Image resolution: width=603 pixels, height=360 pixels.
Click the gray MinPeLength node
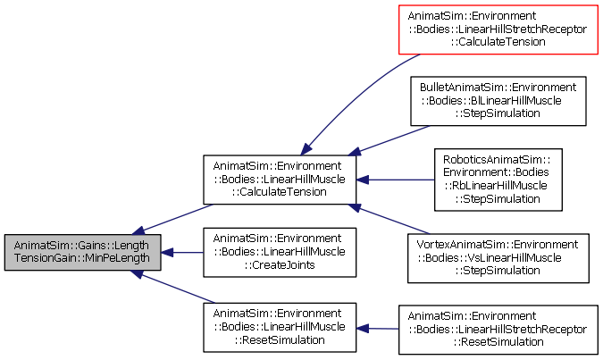pos(83,252)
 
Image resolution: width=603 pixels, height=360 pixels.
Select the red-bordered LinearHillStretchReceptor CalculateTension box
pos(498,29)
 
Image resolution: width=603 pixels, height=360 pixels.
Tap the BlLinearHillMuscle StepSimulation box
pos(498,101)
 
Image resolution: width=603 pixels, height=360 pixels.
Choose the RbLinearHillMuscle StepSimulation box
pos(498,180)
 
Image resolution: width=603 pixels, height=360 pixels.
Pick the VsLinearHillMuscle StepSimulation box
pos(498,258)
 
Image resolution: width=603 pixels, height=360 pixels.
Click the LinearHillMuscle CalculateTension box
pos(280,180)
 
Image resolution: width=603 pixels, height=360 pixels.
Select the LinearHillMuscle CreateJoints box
pos(280,252)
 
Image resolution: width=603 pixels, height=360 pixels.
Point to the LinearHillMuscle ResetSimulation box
pos(280,327)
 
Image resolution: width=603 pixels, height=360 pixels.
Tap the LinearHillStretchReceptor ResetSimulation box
pos(498,330)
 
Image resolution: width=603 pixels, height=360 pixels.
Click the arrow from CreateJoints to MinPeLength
pos(182,253)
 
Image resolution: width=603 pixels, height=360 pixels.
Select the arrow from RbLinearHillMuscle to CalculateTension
pos(396,180)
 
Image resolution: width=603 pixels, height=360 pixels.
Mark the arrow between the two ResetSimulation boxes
pos(377,329)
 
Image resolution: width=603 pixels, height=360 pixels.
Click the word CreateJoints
pos(280,265)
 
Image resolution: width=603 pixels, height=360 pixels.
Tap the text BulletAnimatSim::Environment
pos(498,88)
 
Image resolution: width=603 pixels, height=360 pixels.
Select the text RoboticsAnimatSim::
pos(497,160)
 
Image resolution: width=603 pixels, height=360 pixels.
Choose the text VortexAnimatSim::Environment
pos(498,245)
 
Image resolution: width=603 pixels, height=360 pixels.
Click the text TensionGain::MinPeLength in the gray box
pos(82,258)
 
